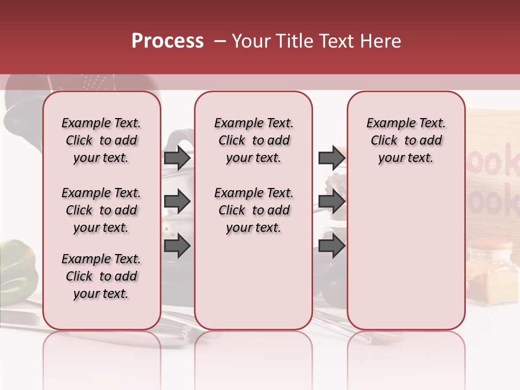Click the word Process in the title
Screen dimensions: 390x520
click(167, 41)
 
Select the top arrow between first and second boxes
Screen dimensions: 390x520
click(177, 158)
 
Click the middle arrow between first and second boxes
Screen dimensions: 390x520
click(177, 201)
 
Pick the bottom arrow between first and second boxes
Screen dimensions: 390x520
click(177, 246)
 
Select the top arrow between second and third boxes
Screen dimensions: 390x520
click(331, 158)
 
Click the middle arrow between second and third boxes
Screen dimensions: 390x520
click(331, 201)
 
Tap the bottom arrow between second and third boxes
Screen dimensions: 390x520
click(331, 246)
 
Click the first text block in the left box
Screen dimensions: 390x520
click(101, 140)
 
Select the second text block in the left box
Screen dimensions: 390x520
click(101, 210)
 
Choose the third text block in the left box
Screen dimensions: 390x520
click(101, 276)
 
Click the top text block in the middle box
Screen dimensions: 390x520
click(253, 140)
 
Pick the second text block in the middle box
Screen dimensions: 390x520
click(253, 210)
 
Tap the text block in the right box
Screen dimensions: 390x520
click(406, 140)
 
